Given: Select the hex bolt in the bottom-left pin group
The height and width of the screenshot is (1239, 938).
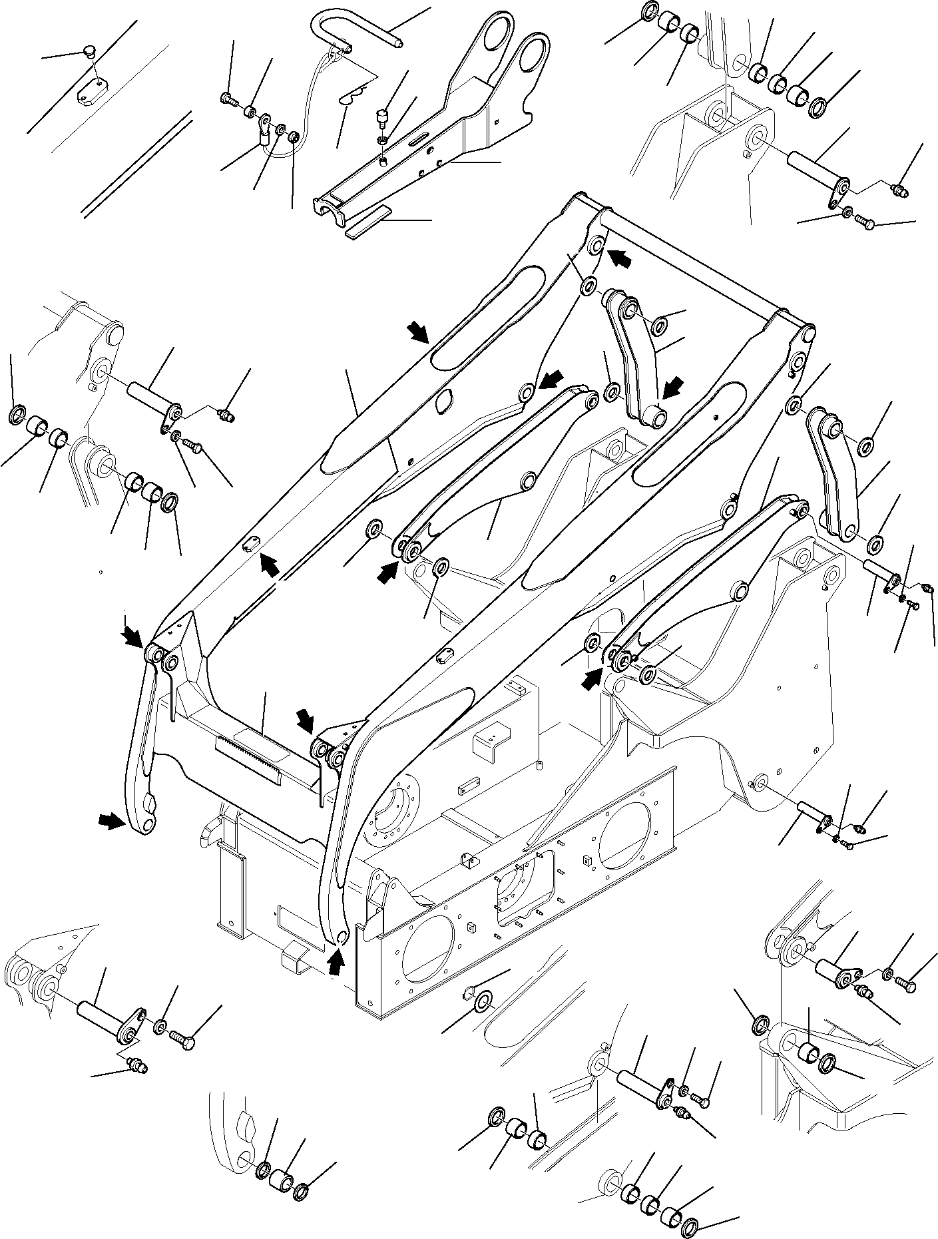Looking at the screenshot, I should click(x=184, y=1039).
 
